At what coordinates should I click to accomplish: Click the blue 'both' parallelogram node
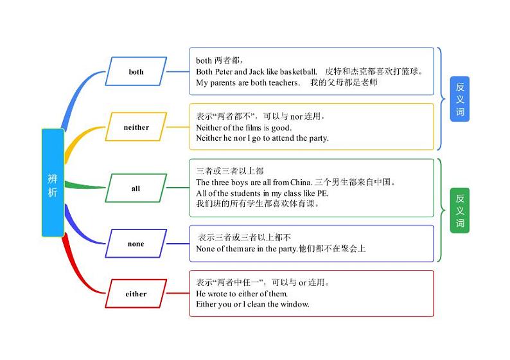click(x=136, y=72)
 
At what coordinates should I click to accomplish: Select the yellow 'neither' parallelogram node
click(x=136, y=127)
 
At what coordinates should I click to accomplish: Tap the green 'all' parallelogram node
click(x=136, y=188)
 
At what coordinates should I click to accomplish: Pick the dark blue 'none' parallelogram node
click(x=136, y=244)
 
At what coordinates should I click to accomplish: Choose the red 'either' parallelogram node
click(x=136, y=294)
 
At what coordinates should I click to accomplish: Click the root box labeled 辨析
click(x=53, y=183)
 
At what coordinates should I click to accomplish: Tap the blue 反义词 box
click(x=460, y=98)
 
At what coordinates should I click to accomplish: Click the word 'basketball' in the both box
click(x=298, y=71)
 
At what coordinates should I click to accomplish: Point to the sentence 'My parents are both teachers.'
click(x=248, y=83)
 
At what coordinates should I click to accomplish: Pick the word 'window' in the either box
click(x=295, y=304)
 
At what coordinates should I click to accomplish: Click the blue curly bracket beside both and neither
click(x=442, y=98)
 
